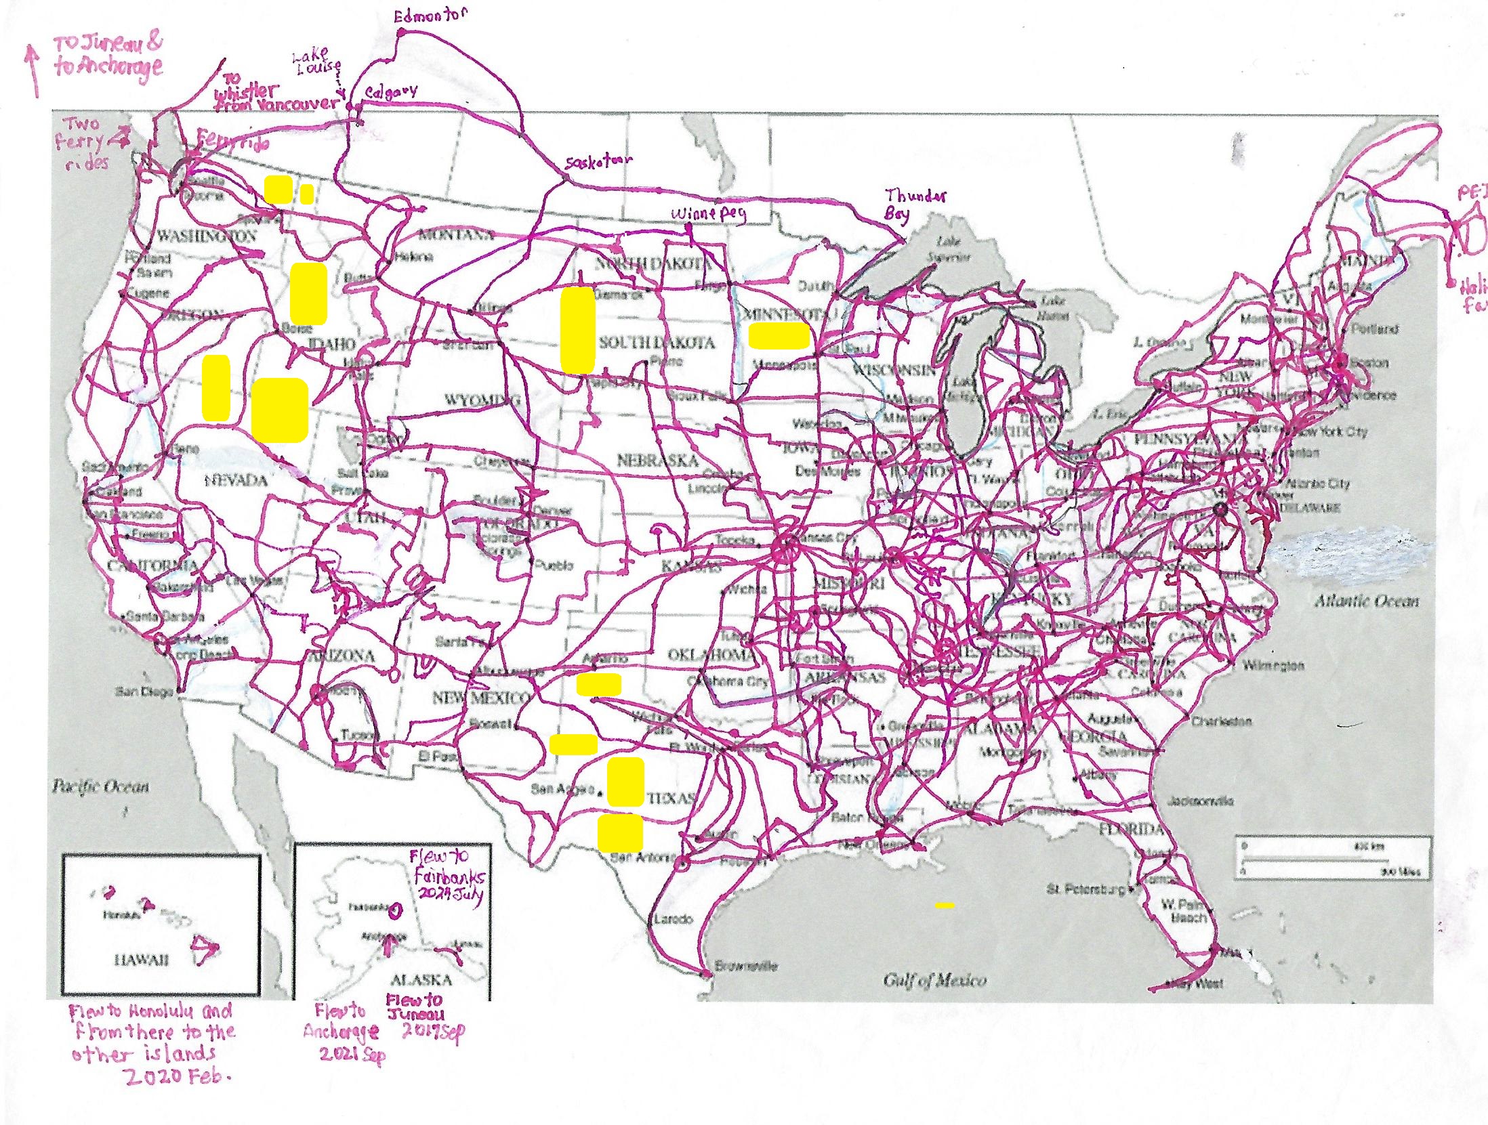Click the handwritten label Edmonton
(431, 15)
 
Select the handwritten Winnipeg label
(708, 214)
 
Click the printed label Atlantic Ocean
(1366, 601)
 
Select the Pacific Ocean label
(100, 786)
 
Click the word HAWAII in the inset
(141, 959)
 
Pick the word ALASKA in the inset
(421, 979)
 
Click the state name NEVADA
(236, 480)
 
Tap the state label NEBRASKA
(657, 461)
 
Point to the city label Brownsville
(748, 966)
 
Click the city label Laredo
(672, 919)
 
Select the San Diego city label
(144, 692)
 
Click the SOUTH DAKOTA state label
(657, 343)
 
